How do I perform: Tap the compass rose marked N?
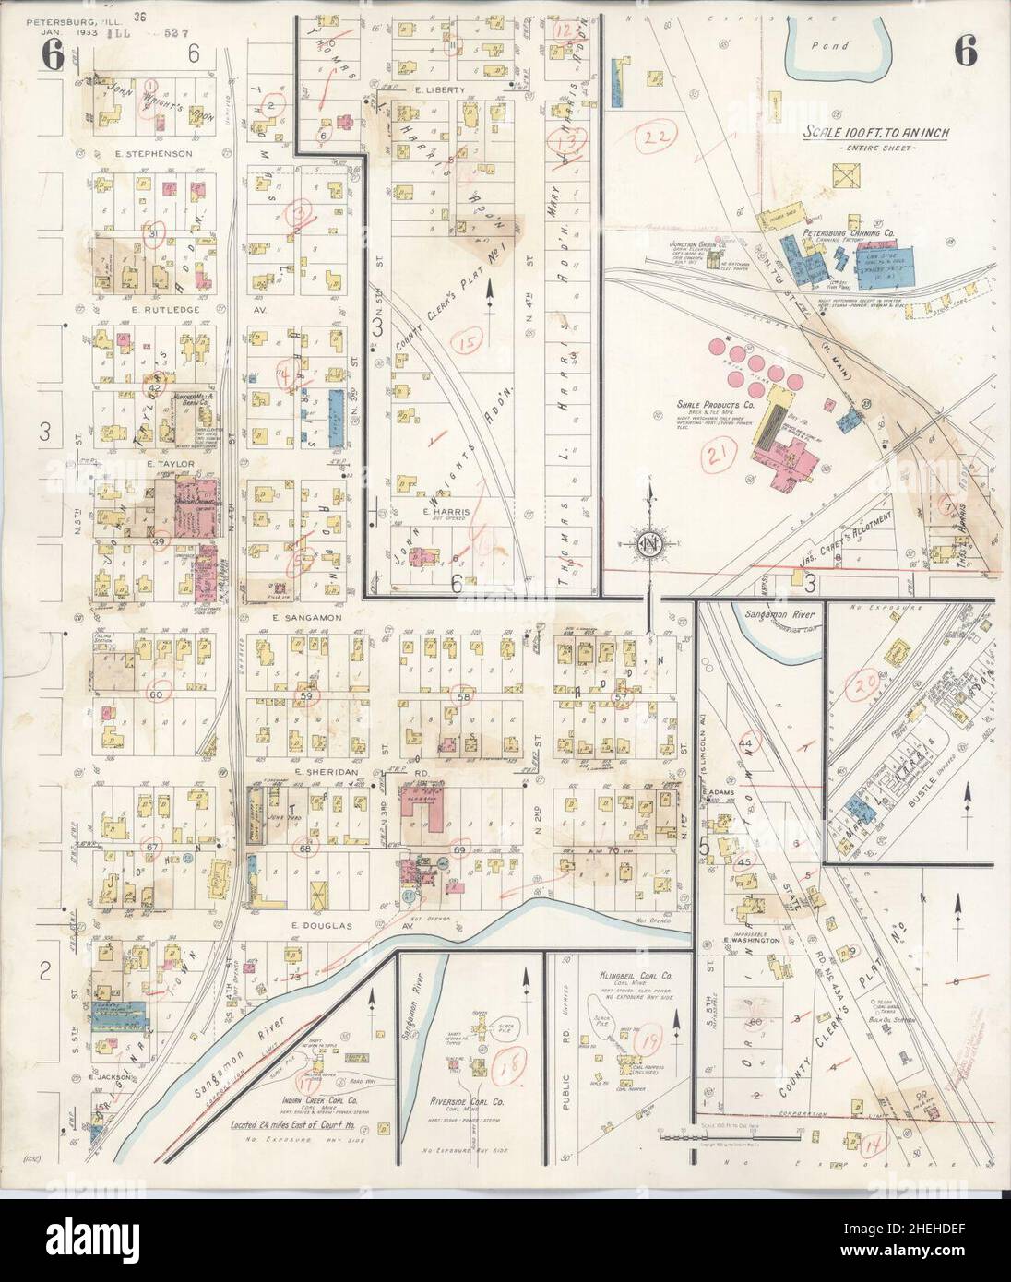[648, 543]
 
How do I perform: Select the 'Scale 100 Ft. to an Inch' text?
[875, 133]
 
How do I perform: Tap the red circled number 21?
[717, 453]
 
